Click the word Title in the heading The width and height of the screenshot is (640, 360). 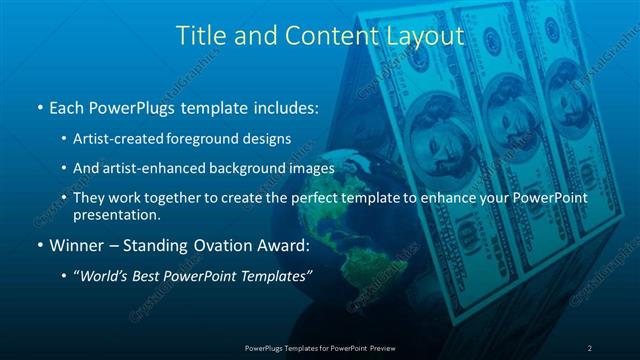pyautogui.click(x=200, y=36)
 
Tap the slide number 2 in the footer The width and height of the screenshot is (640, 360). pyautogui.click(x=590, y=347)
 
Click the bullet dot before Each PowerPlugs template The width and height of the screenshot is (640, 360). pyautogui.click(x=38, y=106)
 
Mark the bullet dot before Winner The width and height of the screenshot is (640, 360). pyautogui.click(x=38, y=245)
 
